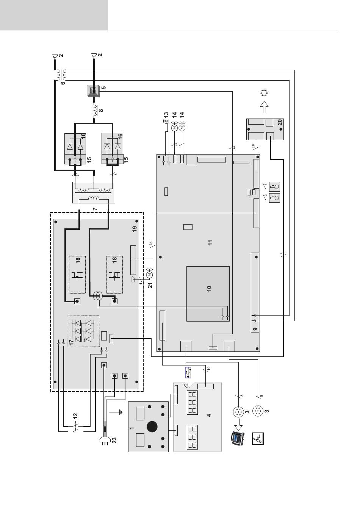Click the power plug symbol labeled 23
click(x=105, y=440)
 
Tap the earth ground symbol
click(x=121, y=412)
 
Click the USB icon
click(x=188, y=372)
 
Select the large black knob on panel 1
click(x=152, y=427)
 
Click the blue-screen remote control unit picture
click(x=237, y=438)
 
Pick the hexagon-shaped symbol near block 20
click(x=264, y=93)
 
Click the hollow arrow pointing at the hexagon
click(x=264, y=107)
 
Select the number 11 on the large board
click(x=210, y=242)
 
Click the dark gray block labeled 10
click(x=208, y=294)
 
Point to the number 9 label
click(x=255, y=329)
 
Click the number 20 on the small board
click(x=280, y=122)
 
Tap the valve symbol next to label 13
click(x=166, y=122)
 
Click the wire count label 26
click(x=151, y=244)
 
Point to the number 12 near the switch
click(x=75, y=416)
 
